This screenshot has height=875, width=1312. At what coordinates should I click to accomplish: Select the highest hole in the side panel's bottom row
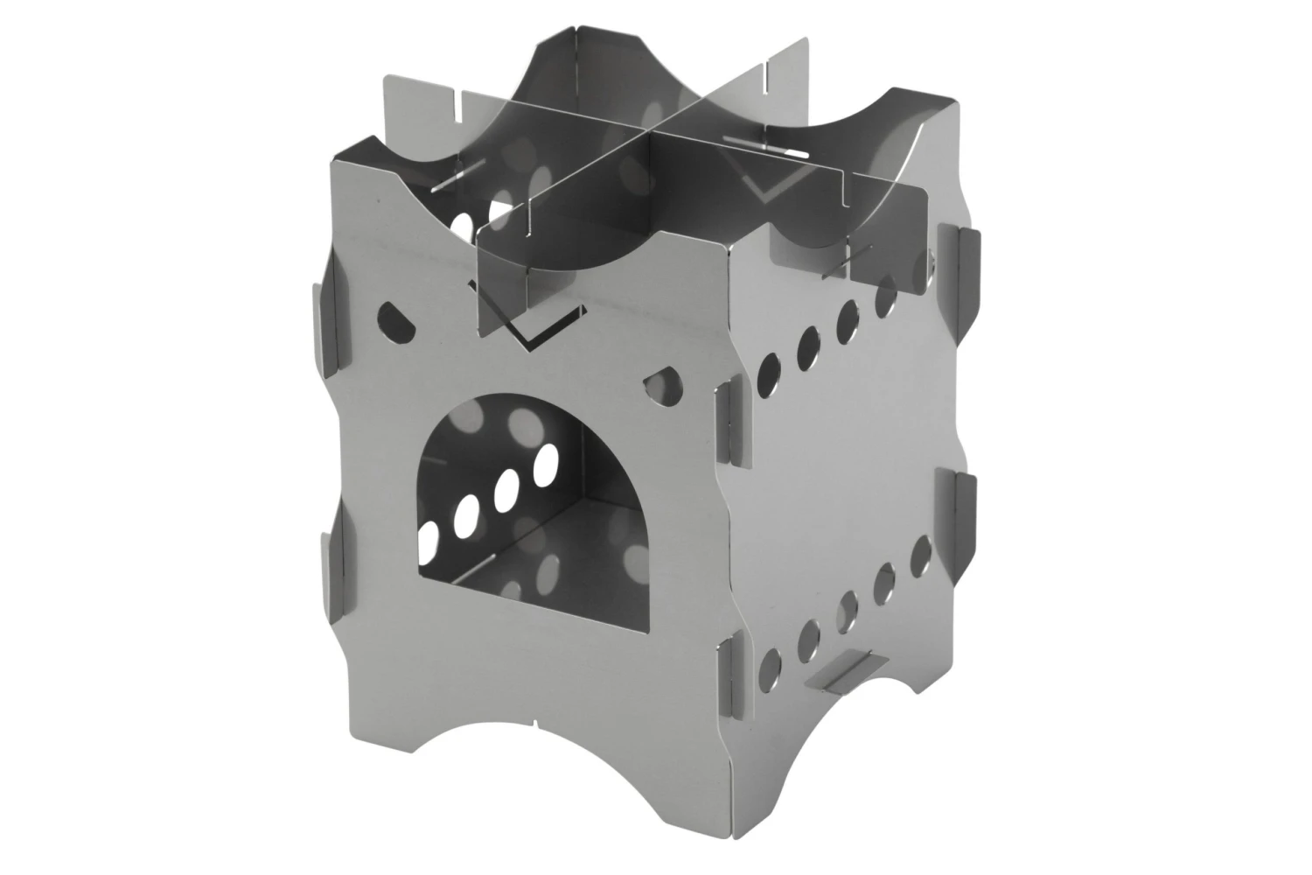[920, 552]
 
